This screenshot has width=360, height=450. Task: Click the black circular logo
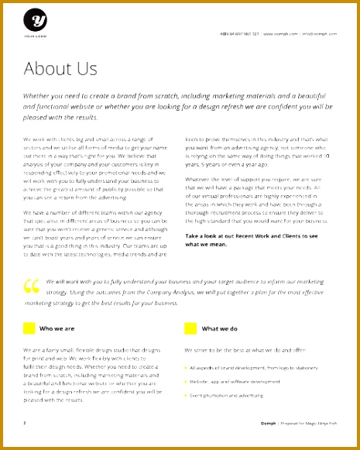coord(35,20)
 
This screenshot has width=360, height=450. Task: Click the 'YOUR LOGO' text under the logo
coord(35,37)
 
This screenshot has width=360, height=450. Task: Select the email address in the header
coord(318,34)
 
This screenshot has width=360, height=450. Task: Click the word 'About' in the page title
coord(49,69)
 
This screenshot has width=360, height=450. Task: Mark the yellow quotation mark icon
coord(32,287)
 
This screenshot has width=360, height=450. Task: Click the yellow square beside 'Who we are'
coord(29,328)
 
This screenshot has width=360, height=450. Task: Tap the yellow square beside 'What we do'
coord(190,328)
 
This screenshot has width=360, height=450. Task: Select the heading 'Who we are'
coord(57,328)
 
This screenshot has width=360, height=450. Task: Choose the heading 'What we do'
coord(219,328)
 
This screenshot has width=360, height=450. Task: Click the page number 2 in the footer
coord(25,423)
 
